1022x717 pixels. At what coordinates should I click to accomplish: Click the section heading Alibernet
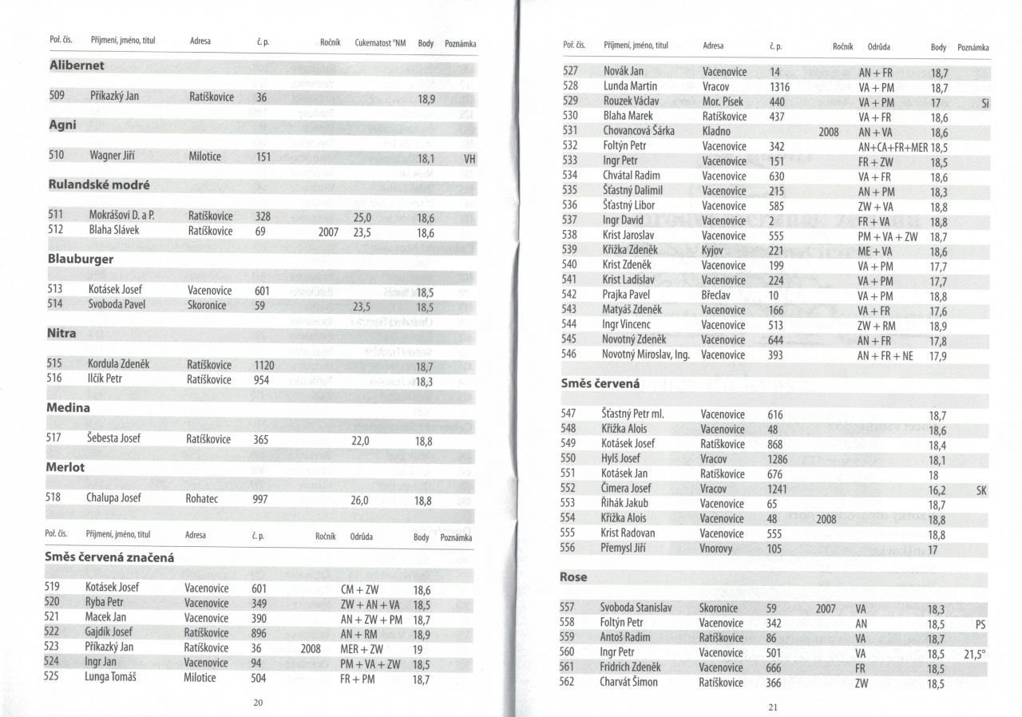click(x=77, y=65)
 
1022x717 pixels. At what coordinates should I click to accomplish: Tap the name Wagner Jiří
click(x=117, y=156)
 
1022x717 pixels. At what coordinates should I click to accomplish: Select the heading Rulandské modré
click(x=100, y=185)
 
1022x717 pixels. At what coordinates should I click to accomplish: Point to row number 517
click(x=54, y=439)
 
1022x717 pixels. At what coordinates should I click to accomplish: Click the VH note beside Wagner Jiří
click(x=469, y=159)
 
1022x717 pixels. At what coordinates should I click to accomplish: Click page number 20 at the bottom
click(x=257, y=702)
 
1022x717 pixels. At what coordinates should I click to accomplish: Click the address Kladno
click(x=716, y=131)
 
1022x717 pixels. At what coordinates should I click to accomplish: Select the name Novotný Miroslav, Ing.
click(x=645, y=355)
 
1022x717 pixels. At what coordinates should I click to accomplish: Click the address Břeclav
click(x=718, y=295)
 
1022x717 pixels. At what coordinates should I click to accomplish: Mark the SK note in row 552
click(x=981, y=489)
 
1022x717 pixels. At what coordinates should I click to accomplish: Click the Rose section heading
click(x=573, y=576)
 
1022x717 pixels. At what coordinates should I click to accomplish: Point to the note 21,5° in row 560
click(x=975, y=653)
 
